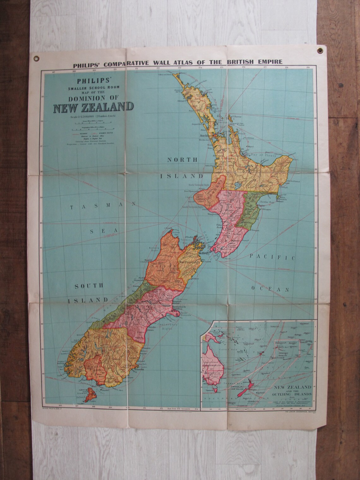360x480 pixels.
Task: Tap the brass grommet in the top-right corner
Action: coord(322,50)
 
